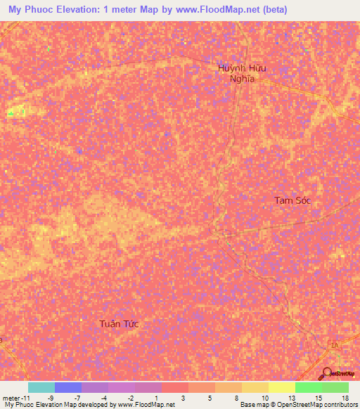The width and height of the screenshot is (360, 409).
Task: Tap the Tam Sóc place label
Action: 292,200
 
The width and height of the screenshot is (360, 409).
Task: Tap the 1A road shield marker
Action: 336,344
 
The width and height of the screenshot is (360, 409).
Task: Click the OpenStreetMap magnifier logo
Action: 328,373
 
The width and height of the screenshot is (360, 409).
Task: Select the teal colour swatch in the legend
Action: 41,387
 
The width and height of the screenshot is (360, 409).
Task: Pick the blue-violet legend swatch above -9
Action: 68,387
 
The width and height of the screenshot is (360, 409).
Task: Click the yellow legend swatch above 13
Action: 281,387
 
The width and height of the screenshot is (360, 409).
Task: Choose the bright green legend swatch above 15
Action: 308,387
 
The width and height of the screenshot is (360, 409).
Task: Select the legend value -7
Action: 77,397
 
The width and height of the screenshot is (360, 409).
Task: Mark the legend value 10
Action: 264,397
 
